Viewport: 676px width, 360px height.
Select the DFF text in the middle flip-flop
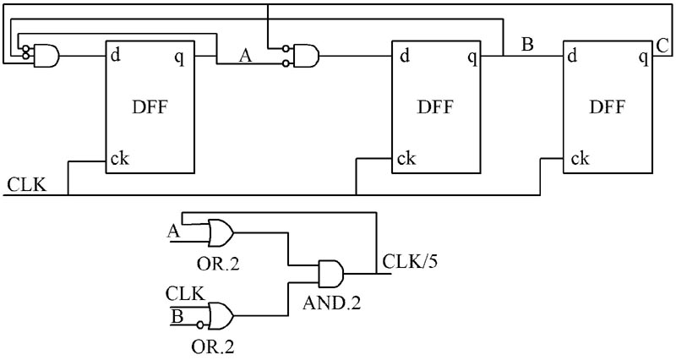(436, 107)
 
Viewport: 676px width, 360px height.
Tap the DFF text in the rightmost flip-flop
(607, 107)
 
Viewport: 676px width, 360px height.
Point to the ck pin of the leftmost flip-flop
(119, 158)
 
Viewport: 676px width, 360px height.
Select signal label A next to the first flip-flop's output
(246, 56)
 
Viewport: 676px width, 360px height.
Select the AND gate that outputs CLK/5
(331, 273)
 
